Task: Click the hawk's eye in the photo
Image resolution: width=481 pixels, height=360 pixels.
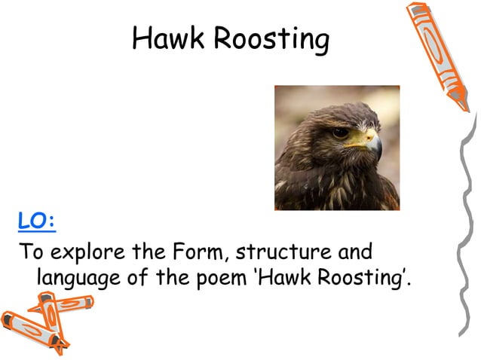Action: pos(341,133)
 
